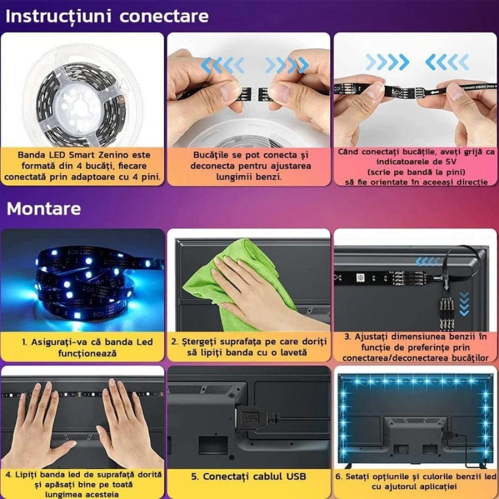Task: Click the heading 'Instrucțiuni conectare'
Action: click(x=107, y=16)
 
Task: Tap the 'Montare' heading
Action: click(x=43, y=209)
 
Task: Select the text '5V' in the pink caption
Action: click(x=451, y=162)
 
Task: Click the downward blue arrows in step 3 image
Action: click(x=464, y=304)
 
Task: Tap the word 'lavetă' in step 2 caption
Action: click(x=294, y=353)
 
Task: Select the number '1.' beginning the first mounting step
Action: click(x=24, y=342)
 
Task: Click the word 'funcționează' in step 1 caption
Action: click(x=87, y=353)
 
